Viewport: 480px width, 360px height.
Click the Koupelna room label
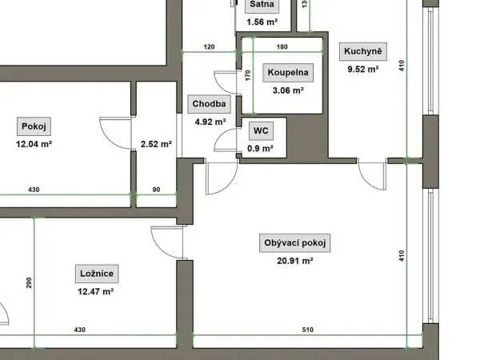coord(288,73)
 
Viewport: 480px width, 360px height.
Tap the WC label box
coord(261,131)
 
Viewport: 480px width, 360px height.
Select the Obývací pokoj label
coord(294,243)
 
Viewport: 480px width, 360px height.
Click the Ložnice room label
coord(97,274)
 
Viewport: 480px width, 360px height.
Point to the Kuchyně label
coord(363,51)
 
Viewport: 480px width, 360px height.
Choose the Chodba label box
coord(209,104)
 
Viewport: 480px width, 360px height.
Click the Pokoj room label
coord(34,126)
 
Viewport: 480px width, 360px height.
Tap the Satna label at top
coord(262,5)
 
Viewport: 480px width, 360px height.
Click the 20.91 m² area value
coord(294,261)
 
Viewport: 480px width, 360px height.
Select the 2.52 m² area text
coord(156,144)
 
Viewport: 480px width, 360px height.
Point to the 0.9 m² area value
coord(260,149)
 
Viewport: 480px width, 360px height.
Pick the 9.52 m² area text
coord(363,69)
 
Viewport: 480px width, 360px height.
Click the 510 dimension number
coord(308,330)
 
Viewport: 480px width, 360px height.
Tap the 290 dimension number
coord(29,282)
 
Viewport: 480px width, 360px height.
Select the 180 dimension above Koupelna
coord(282,47)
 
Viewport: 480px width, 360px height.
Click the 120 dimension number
coord(209,47)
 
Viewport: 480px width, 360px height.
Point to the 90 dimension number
coord(156,190)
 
